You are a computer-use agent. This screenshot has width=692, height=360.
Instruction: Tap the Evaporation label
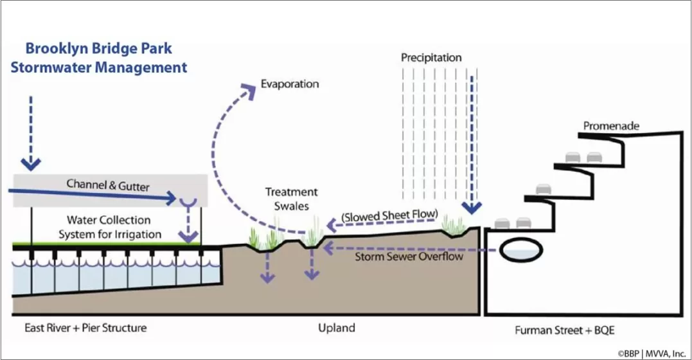290,84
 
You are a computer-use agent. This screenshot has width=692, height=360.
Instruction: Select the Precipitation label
431,58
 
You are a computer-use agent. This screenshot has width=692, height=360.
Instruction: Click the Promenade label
611,126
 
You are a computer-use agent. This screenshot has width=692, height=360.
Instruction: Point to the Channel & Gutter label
108,186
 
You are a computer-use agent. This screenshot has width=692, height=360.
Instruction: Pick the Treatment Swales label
292,198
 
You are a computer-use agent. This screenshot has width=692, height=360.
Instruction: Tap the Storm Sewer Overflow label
409,256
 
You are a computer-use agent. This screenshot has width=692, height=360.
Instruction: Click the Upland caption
337,328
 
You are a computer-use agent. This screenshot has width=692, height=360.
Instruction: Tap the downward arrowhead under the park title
30,161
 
